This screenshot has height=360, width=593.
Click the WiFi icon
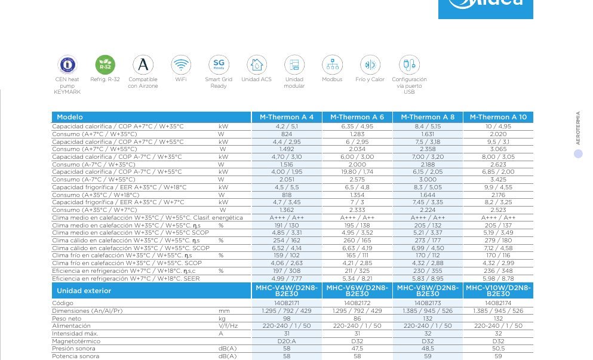181,64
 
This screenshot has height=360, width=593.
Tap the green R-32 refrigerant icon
105,64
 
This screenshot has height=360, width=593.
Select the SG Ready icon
219,64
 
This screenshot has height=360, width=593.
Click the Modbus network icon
332,64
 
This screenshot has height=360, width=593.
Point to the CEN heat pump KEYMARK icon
67,64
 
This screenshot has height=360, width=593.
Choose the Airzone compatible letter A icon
143,64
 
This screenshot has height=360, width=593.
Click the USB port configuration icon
409,64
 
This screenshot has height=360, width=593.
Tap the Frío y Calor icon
370,64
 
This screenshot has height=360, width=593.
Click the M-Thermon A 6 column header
357,117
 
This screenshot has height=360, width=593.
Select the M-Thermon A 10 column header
498,117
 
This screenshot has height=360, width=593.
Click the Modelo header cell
70,117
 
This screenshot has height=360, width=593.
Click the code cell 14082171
287,303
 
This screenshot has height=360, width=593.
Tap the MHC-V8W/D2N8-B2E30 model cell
428,291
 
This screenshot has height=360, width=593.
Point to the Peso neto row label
67,318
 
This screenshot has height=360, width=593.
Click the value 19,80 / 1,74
357,171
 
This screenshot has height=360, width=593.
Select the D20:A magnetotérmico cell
287,341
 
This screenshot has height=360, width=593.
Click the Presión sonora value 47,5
357,349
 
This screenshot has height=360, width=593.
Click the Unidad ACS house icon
257,64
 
